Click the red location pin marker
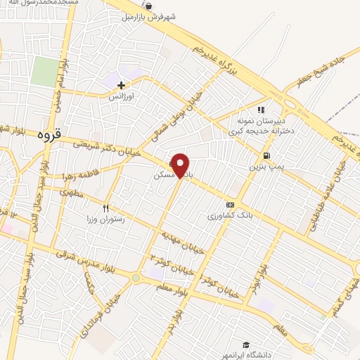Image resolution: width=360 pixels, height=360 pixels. pos(181,165)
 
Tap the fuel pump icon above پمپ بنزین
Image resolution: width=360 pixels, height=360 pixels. pos(266,156)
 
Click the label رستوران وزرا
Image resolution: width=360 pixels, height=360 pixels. pos(105,219)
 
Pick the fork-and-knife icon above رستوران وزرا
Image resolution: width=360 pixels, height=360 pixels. pos(106,208)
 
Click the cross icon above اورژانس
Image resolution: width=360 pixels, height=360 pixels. pos(122,84)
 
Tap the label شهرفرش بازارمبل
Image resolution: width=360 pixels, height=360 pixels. pos(148,15)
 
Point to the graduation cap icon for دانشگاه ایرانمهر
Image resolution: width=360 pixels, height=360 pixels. pos(246,345)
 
